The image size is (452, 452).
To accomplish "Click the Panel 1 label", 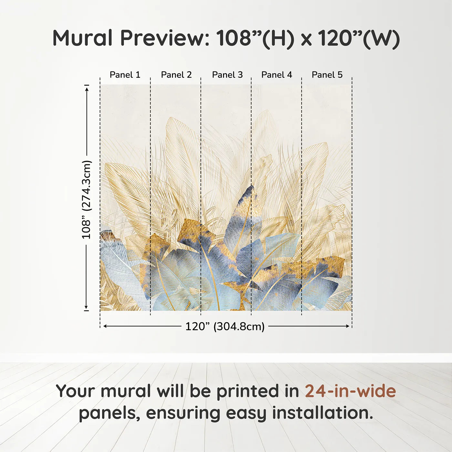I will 125,75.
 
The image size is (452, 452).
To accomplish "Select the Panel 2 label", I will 176,75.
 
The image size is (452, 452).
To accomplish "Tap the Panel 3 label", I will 227,75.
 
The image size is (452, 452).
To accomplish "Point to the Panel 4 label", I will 277,75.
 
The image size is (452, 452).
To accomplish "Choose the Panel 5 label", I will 327,75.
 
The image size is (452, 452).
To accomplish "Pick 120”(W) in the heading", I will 359,38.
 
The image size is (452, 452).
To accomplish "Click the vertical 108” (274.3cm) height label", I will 87,200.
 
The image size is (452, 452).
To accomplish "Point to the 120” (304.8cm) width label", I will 225,326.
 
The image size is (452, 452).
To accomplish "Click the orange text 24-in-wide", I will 350,391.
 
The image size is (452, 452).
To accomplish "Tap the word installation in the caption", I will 323,413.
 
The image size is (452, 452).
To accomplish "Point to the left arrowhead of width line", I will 105,326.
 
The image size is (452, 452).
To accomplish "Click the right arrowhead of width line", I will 348,326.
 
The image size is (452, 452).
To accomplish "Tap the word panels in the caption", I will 109,414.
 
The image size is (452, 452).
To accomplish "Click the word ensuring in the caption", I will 183,414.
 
